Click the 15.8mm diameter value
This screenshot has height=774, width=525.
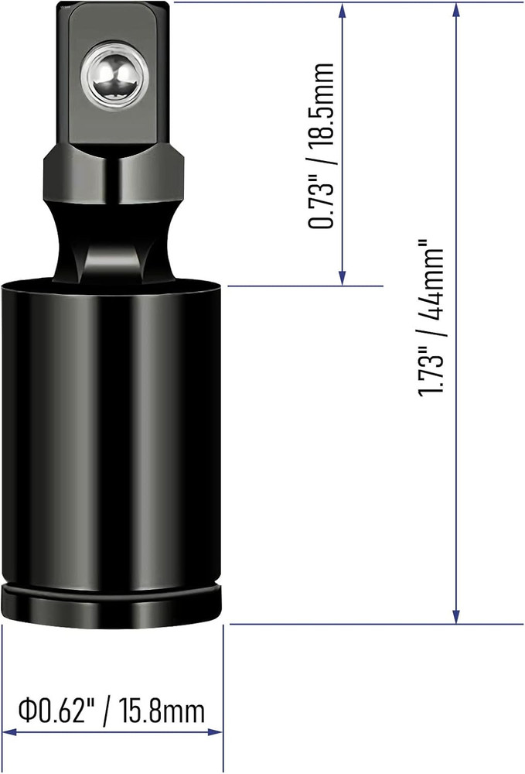tap(163, 710)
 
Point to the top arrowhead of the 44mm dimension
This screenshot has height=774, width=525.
tap(458, 9)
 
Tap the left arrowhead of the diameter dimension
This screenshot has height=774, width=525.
tap(9, 731)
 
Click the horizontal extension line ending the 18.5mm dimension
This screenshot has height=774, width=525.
tap(305, 286)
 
